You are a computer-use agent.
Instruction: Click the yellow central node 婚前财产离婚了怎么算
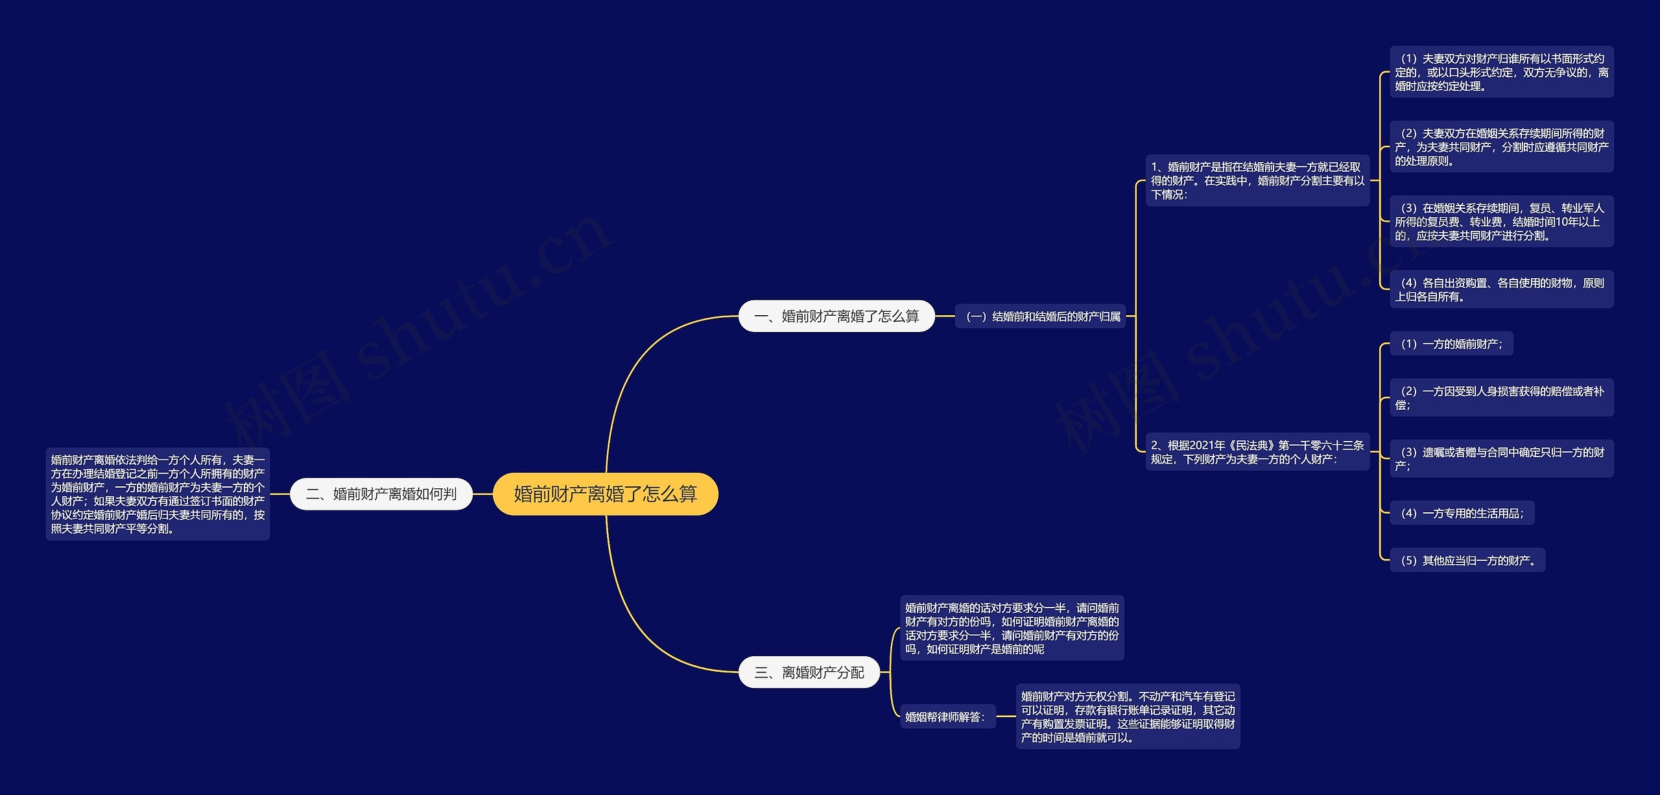(x=605, y=494)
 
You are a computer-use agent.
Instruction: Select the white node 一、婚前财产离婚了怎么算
(x=836, y=316)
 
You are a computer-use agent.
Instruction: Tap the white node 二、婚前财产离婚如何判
(x=381, y=494)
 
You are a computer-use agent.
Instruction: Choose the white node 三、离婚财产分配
(x=809, y=672)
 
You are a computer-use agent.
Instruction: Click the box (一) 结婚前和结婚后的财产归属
(x=1043, y=316)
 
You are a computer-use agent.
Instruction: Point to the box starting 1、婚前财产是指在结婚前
(x=1257, y=181)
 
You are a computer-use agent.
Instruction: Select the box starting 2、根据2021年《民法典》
(x=1257, y=452)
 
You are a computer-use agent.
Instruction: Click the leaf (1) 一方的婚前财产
(x=1451, y=344)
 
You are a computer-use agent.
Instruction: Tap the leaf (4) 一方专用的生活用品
(x=1462, y=513)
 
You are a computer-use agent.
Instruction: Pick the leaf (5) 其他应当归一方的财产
(x=1467, y=560)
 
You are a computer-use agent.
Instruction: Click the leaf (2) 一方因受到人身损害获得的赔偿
(x=1501, y=397)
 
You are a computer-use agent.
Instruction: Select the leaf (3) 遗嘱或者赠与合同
(x=1501, y=458)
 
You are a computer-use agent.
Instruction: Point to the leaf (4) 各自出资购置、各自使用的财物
(x=1501, y=289)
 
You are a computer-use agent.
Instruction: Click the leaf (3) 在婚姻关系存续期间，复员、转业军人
(x=1501, y=222)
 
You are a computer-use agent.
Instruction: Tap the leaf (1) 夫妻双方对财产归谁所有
(x=1501, y=72)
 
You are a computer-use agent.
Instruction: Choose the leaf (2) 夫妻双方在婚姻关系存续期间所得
(x=1501, y=147)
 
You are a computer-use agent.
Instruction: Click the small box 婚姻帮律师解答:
(x=947, y=717)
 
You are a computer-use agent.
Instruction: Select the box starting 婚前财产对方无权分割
(x=1128, y=717)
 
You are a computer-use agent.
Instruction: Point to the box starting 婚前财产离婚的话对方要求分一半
(x=1012, y=628)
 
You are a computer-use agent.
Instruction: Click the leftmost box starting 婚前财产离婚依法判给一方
(x=158, y=494)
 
